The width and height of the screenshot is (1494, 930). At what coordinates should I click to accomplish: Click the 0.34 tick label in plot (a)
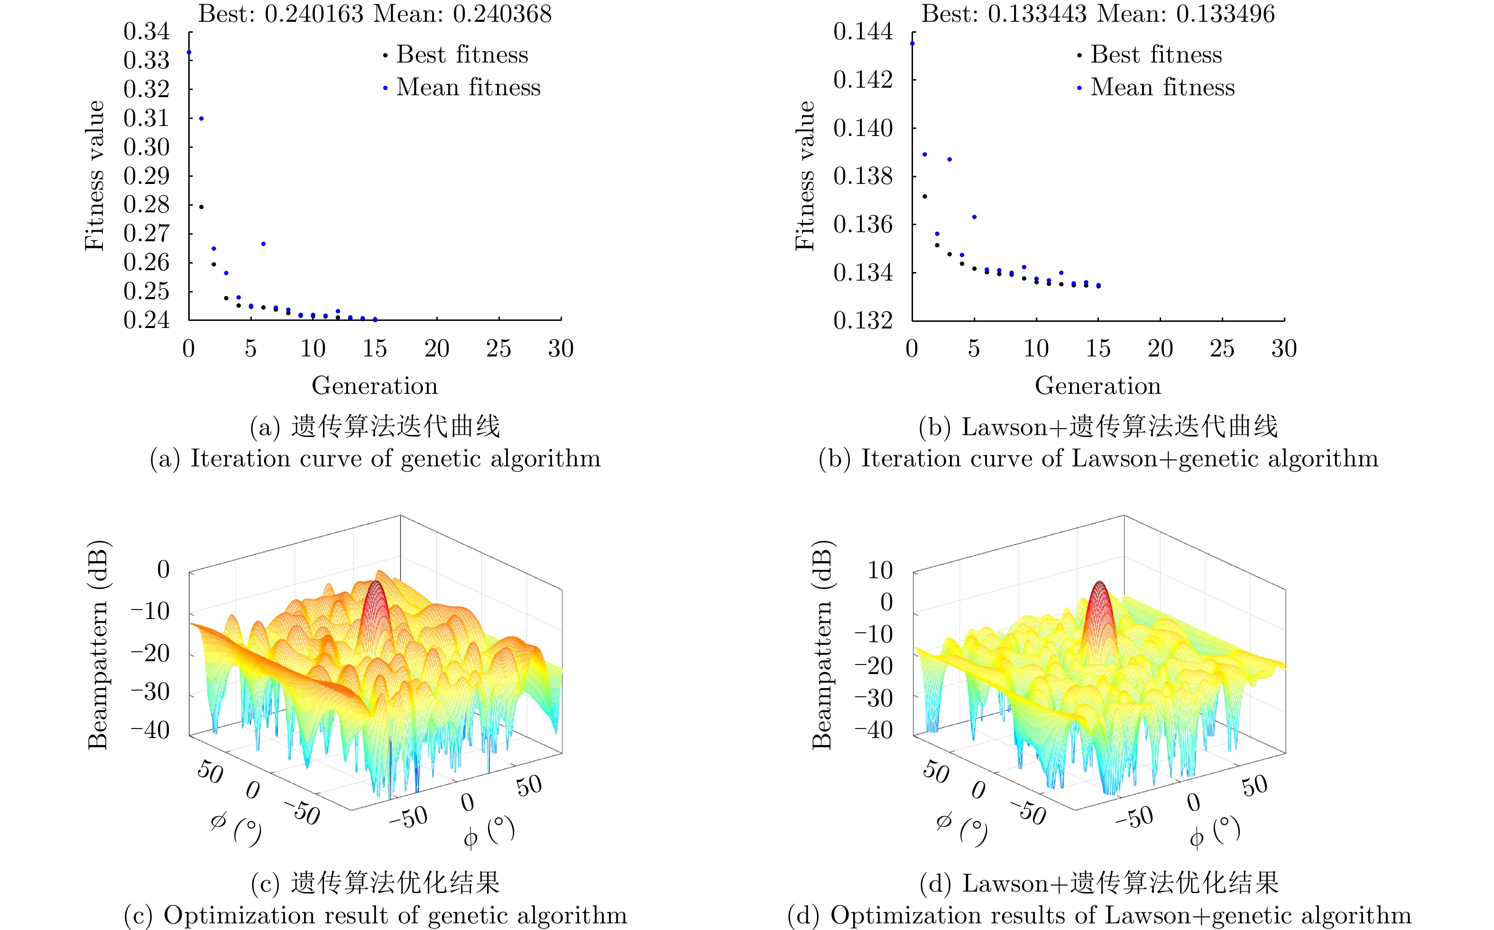coord(147,31)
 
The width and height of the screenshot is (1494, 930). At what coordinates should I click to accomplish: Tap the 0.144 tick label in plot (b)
coord(863,31)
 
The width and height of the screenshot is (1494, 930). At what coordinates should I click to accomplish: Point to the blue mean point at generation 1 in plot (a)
coord(201,119)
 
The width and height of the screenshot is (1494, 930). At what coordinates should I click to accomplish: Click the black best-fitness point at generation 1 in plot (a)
coord(201,207)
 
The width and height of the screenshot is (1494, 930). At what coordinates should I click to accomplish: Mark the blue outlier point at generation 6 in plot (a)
coord(263,244)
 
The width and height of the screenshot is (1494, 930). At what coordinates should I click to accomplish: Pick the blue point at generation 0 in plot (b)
coord(913,44)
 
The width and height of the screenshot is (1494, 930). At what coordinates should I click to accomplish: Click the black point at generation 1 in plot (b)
coord(925,197)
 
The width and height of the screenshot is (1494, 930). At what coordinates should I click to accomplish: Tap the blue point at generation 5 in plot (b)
coord(975,217)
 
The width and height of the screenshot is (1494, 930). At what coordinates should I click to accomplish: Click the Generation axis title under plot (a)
coord(375,386)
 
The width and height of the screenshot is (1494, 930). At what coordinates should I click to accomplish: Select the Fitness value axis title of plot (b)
coord(805,176)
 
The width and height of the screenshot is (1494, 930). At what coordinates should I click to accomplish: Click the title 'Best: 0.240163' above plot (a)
coord(281,14)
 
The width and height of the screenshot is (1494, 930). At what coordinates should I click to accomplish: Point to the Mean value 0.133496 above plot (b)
coord(1225,14)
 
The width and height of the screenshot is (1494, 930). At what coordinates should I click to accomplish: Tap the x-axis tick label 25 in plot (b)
coord(1222,349)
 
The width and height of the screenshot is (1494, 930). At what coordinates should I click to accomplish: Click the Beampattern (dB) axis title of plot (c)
coord(99,645)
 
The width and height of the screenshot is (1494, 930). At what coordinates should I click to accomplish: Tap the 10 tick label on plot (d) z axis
coord(880,571)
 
